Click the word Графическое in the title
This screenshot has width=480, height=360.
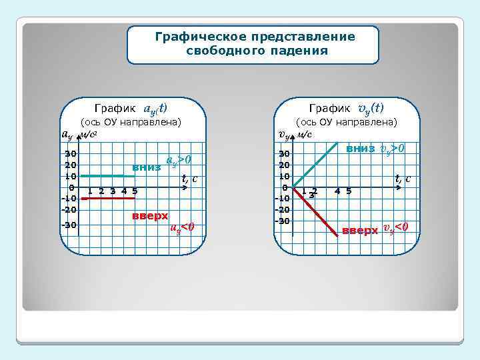(x=197, y=37)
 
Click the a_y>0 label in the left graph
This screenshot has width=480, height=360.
(x=179, y=160)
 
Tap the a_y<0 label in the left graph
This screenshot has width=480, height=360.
(x=182, y=227)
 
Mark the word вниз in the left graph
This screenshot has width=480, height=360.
(x=146, y=167)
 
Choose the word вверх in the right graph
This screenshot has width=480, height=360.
(x=359, y=231)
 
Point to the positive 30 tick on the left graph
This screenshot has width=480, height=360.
(x=70, y=155)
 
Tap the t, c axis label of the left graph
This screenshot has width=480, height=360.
(x=190, y=178)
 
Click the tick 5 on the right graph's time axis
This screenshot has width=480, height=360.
(x=349, y=191)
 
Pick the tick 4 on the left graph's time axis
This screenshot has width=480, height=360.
(x=123, y=191)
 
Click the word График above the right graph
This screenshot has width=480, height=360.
(x=330, y=108)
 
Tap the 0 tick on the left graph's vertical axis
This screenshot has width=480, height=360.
(x=71, y=188)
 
